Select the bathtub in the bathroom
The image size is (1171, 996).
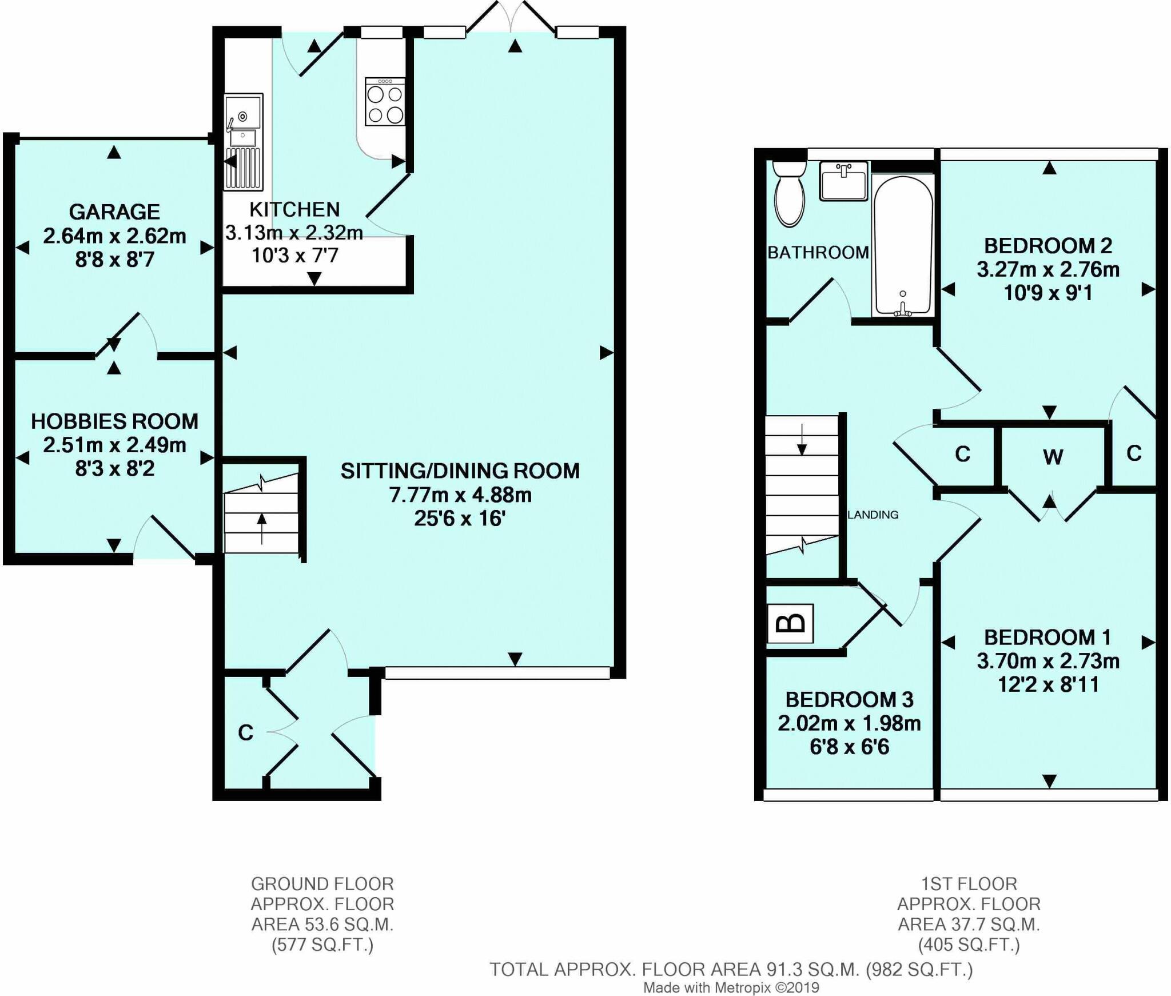click(x=903, y=245)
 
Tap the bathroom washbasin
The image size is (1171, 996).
click(x=844, y=181)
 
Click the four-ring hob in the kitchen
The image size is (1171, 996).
click(x=385, y=102)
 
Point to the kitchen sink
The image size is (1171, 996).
click(x=244, y=141)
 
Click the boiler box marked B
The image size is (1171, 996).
click(x=790, y=623)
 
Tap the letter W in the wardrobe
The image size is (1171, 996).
click(x=1053, y=457)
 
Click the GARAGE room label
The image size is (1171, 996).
click(x=114, y=212)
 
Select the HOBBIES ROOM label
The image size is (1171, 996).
click(x=114, y=421)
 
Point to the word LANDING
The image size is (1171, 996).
click(x=873, y=515)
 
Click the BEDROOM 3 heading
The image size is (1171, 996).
click(x=849, y=699)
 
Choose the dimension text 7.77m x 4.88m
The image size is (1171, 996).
click(x=460, y=495)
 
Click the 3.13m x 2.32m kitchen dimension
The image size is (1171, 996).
click(x=294, y=233)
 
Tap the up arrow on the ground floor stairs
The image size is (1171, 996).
click(x=262, y=528)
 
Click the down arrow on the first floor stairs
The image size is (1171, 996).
click(x=802, y=440)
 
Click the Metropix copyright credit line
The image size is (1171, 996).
click(x=731, y=987)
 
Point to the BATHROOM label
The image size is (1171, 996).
click(x=818, y=252)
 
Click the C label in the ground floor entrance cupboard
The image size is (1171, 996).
click(x=245, y=732)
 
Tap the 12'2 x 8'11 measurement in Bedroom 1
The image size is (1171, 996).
click(x=1048, y=684)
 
